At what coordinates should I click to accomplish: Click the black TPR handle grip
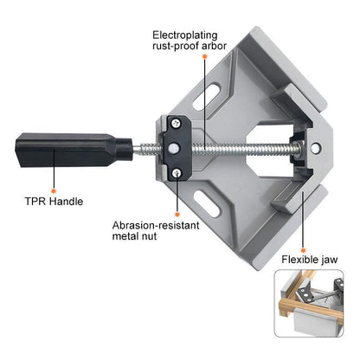pyautogui.click(x=74, y=150)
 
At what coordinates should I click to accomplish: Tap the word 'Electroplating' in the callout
pyautogui.click(x=185, y=35)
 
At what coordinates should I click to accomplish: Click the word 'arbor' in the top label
pyautogui.click(x=214, y=46)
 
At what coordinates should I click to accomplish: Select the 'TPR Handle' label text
pyautogui.click(x=54, y=201)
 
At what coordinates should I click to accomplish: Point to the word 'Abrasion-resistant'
pyautogui.click(x=156, y=225)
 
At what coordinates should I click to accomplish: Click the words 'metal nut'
pyautogui.click(x=134, y=236)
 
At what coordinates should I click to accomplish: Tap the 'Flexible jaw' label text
pyautogui.click(x=310, y=260)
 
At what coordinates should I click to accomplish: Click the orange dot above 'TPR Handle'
pyautogui.click(x=54, y=190)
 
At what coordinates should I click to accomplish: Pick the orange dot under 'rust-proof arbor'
pyautogui.click(x=204, y=56)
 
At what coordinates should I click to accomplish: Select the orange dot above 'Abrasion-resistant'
pyautogui.click(x=177, y=215)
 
